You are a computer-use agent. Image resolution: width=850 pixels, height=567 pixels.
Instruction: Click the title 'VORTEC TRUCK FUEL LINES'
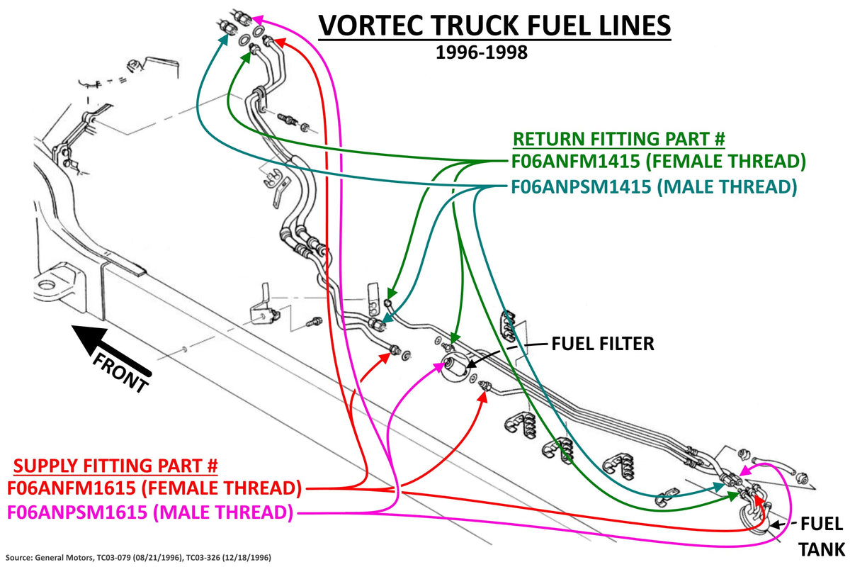[494, 26]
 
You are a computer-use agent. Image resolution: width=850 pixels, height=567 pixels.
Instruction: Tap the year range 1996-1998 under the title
[482, 52]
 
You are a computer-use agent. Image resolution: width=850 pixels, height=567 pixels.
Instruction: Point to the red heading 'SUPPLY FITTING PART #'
[115, 466]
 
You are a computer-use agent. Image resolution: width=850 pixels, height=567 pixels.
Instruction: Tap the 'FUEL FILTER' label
[603, 344]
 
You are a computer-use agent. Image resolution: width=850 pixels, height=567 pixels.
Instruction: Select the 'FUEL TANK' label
[822, 537]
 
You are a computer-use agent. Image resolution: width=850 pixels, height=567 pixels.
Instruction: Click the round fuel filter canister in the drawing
[456, 369]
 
